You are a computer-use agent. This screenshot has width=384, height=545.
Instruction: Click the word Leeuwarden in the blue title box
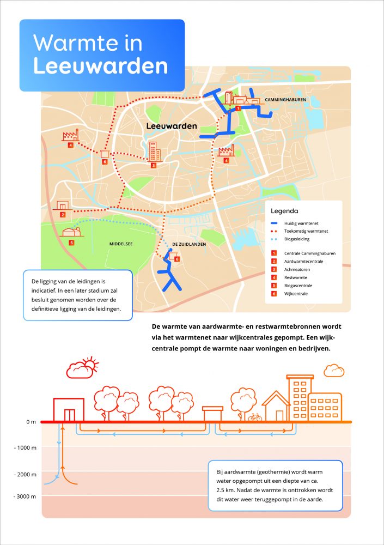click(x=100, y=66)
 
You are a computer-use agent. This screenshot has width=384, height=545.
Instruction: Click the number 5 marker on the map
click(x=71, y=243)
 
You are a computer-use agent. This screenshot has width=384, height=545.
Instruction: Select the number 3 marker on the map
click(x=154, y=165)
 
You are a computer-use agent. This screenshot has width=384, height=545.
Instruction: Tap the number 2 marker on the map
click(x=63, y=215)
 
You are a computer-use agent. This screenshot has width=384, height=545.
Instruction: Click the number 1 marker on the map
click(x=237, y=109)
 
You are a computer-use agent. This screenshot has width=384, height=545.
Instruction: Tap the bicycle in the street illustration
click(x=255, y=417)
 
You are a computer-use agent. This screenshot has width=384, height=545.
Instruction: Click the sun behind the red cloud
click(x=90, y=362)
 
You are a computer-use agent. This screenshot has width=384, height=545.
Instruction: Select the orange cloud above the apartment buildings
click(x=333, y=371)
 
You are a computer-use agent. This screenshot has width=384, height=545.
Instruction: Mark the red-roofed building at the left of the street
click(x=69, y=409)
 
